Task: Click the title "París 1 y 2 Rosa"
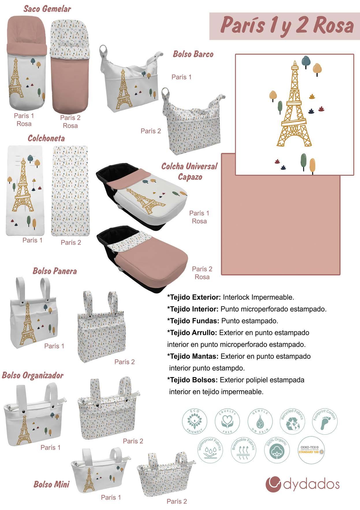click(287, 26)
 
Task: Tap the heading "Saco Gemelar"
click(47, 9)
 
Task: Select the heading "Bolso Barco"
click(193, 54)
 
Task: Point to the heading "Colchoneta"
click(46, 138)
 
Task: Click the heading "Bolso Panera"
click(55, 271)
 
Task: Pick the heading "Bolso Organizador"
click(33, 375)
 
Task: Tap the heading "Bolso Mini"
click(51, 484)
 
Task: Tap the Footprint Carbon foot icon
click(325, 421)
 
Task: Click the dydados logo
click(302, 484)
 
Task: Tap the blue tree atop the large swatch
click(305, 61)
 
